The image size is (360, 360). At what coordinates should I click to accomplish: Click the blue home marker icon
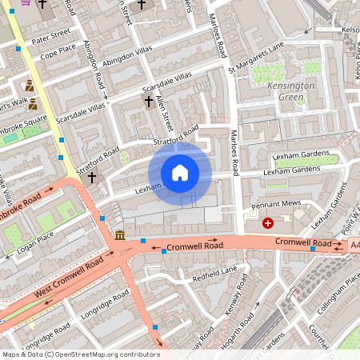pos(180,172)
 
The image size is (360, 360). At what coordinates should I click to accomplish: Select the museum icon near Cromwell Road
pos(119,234)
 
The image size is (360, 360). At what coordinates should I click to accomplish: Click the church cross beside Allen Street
pos(148,101)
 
